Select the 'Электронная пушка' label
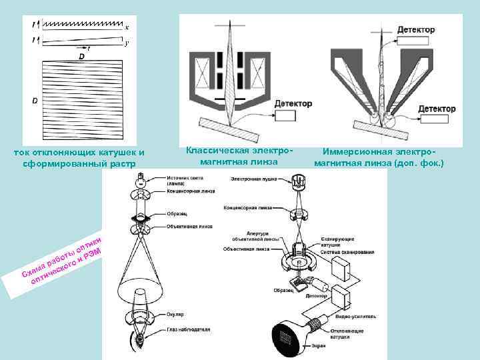click(x=251, y=179)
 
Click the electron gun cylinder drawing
click(x=299, y=181)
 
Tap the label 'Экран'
click(x=318, y=345)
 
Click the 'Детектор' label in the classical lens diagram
click(x=293, y=104)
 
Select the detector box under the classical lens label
click(x=285, y=117)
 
